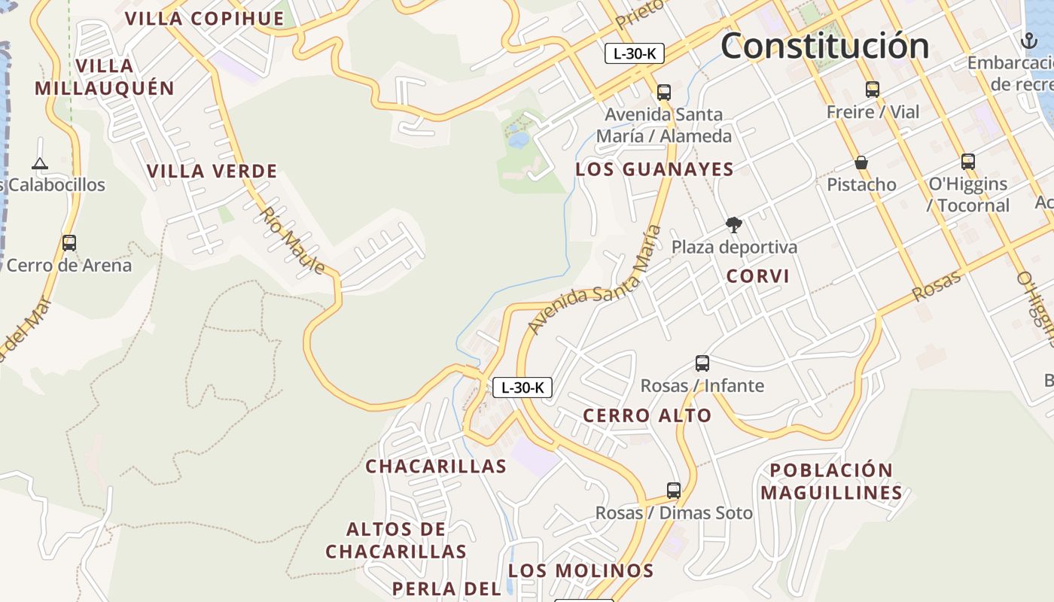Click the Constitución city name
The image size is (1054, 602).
point(825,47)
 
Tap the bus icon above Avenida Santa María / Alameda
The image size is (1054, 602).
point(663,93)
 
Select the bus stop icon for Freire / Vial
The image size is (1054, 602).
point(873,90)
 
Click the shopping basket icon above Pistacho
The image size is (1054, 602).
point(861,163)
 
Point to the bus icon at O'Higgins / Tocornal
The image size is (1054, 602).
point(968,161)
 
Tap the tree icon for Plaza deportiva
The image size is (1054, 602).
point(733,224)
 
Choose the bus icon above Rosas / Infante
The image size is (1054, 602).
point(702,363)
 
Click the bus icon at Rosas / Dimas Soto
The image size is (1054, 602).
point(674,491)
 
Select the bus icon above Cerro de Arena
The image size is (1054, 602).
point(69,243)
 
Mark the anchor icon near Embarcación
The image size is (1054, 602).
point(1028,40)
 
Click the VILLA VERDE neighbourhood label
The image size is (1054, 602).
point(212,172)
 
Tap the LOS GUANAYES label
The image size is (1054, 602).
point(654,169)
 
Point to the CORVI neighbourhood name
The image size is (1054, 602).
point(758,276)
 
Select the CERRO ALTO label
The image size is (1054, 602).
point(647,415)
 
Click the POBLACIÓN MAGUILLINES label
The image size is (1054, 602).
point(831,482)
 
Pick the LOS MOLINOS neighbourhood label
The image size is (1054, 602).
point(580,570)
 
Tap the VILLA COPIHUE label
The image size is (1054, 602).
point(205,19)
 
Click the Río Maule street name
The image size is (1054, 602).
point(293,240)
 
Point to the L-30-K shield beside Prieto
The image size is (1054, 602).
point(634,53)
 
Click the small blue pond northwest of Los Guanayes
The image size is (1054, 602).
point(517,139)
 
